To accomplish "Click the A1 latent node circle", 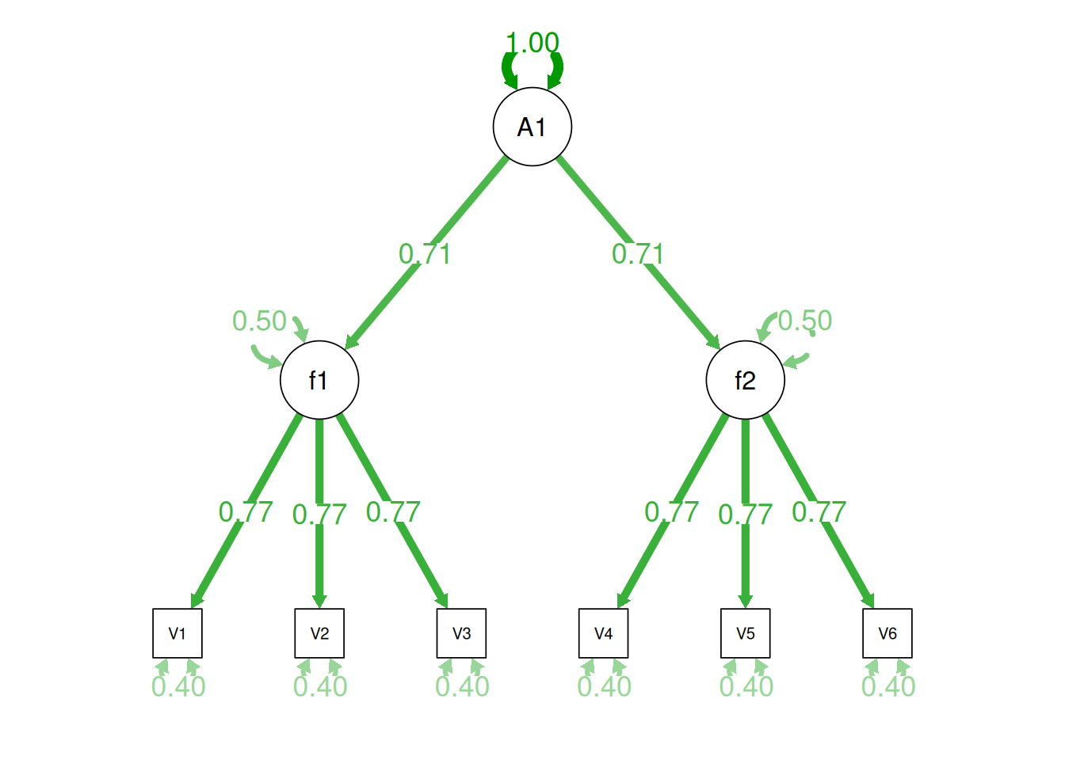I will [532, 127].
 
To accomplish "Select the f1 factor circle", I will [319, 380].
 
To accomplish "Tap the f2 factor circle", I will [746, 380].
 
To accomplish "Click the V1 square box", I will [177, 633].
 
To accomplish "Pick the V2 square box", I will [319, 633].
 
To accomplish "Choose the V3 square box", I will [461, 633].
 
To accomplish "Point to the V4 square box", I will [604, 633].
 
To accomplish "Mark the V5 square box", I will [746, 633].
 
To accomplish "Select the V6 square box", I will [887, 633].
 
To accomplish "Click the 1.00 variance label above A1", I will [532, 43].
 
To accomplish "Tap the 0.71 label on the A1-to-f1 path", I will [425, 254].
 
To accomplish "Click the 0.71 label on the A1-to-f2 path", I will [638, 254].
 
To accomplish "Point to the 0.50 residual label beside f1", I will [259, 321].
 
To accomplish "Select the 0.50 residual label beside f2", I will [805, 321].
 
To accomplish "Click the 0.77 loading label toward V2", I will [319, 515].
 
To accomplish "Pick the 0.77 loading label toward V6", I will [819, 512].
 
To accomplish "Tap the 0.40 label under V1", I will [178, 686].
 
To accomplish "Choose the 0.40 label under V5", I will [746, 686].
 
